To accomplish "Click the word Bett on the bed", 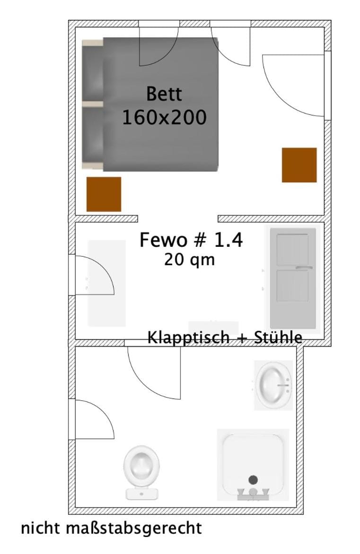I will pos(164,94).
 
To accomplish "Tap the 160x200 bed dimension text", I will pos(164,117).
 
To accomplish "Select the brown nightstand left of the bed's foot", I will pos(104,194).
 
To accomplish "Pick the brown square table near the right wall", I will pos(299,165).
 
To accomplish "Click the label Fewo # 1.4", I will pos(191,240).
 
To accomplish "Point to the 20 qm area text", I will pos(189,260).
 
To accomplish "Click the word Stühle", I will pos(278,338).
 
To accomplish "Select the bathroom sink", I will pos(273,385).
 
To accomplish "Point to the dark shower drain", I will pos(253,480).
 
